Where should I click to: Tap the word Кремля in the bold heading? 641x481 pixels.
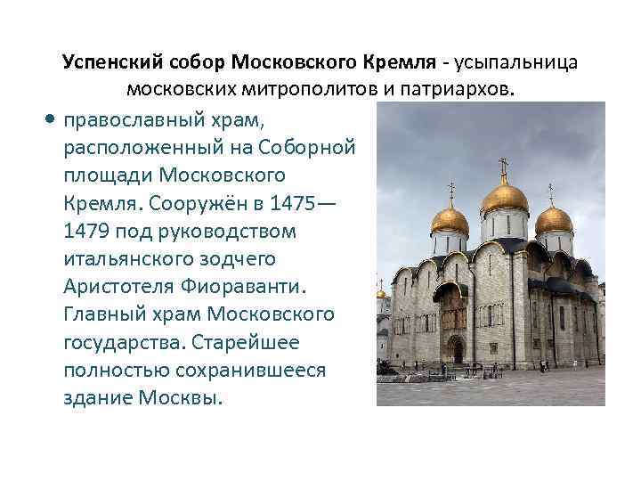[399, 63]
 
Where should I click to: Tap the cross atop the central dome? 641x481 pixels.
[504, 166]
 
